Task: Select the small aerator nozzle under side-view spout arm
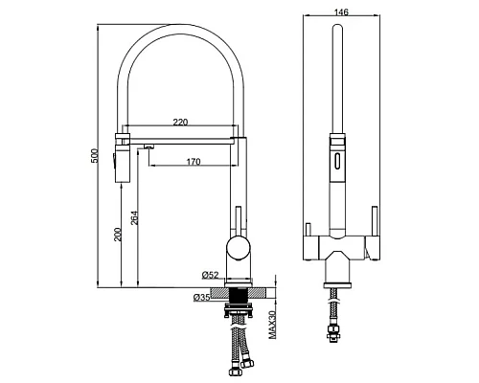click(149, 146)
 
